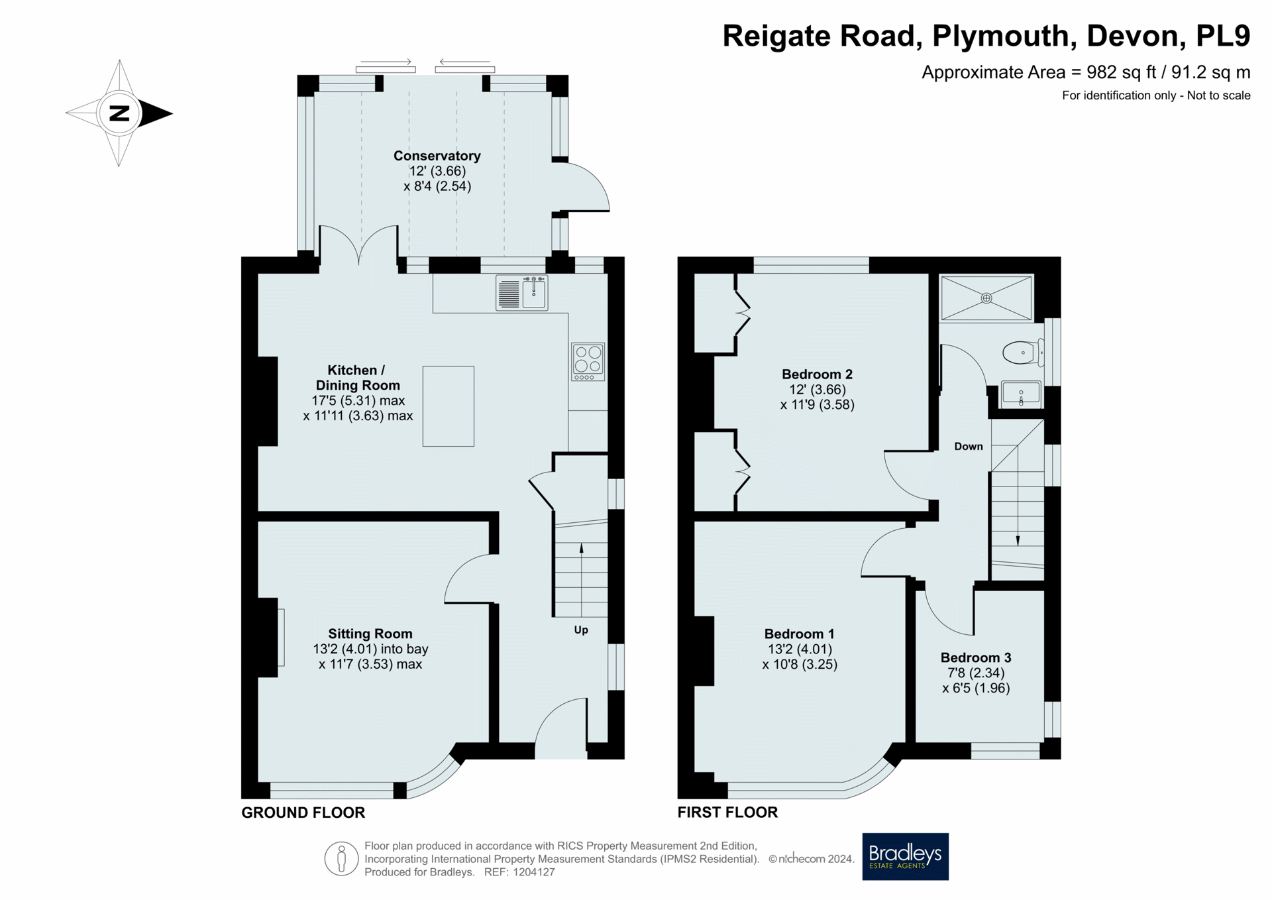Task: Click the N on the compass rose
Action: click(119, 113)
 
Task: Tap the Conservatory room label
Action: click(437, 156)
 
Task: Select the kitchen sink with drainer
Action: click(522, 293)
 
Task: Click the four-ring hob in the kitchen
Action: click(588, 361)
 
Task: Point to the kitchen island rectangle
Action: click(449, 406)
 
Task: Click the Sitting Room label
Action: click(370, 634)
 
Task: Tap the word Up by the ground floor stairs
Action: click(581, 630)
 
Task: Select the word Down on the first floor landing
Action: click(969, 447)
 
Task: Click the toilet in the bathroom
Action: click(1023, 353)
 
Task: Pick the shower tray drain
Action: click(986, 298)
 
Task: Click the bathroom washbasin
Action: click(1021, 393)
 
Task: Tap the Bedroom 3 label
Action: click(976, 657)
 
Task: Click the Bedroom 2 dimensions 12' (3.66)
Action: click(818, 390)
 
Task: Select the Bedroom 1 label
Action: click(800, 634)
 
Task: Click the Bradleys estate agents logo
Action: click(905, 856)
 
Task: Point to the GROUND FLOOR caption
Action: click(303, 813)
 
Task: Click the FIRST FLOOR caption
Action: click(727, 813)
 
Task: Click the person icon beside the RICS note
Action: click(342, 859)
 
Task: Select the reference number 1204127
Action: click(529, 872)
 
